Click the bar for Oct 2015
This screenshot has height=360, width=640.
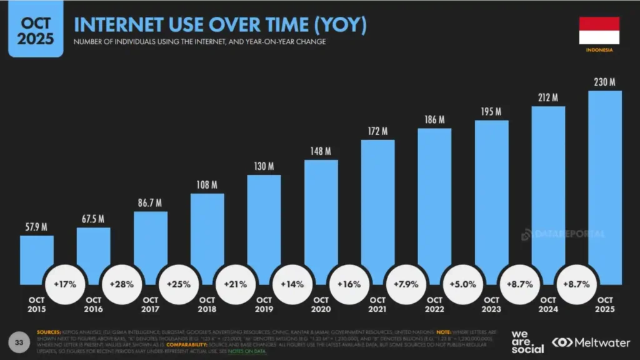click(x=37, y=256)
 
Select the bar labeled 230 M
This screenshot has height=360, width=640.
click(x=605, y=187)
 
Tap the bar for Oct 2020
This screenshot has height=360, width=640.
click(x=321, y=219)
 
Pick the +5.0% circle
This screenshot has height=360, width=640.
click(x=462, y=284)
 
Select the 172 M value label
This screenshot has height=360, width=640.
click(x=378, y=131)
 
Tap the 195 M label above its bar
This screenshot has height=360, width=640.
click(x=491, y=112)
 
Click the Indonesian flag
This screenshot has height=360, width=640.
click(x=599, y=30)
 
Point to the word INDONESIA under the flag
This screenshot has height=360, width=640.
click(x=599, y=49)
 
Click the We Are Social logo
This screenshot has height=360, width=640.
click(x=526, y=341)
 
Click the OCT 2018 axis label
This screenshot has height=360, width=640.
click(x=207, y=304)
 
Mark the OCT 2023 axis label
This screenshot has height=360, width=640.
click(x=492, y=304)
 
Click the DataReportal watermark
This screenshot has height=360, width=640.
click(x=562, y=234)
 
